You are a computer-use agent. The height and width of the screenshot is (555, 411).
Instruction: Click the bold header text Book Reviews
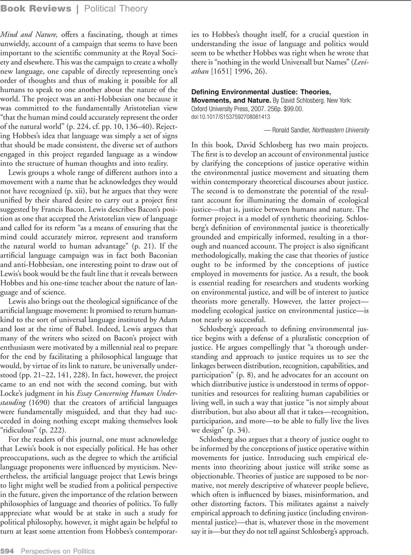(36, 9)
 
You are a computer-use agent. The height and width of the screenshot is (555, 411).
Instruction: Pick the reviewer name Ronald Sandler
(307, 130)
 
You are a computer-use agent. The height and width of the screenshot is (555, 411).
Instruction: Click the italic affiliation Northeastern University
(368, 130)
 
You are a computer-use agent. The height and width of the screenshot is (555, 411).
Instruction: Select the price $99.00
(293, 109)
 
